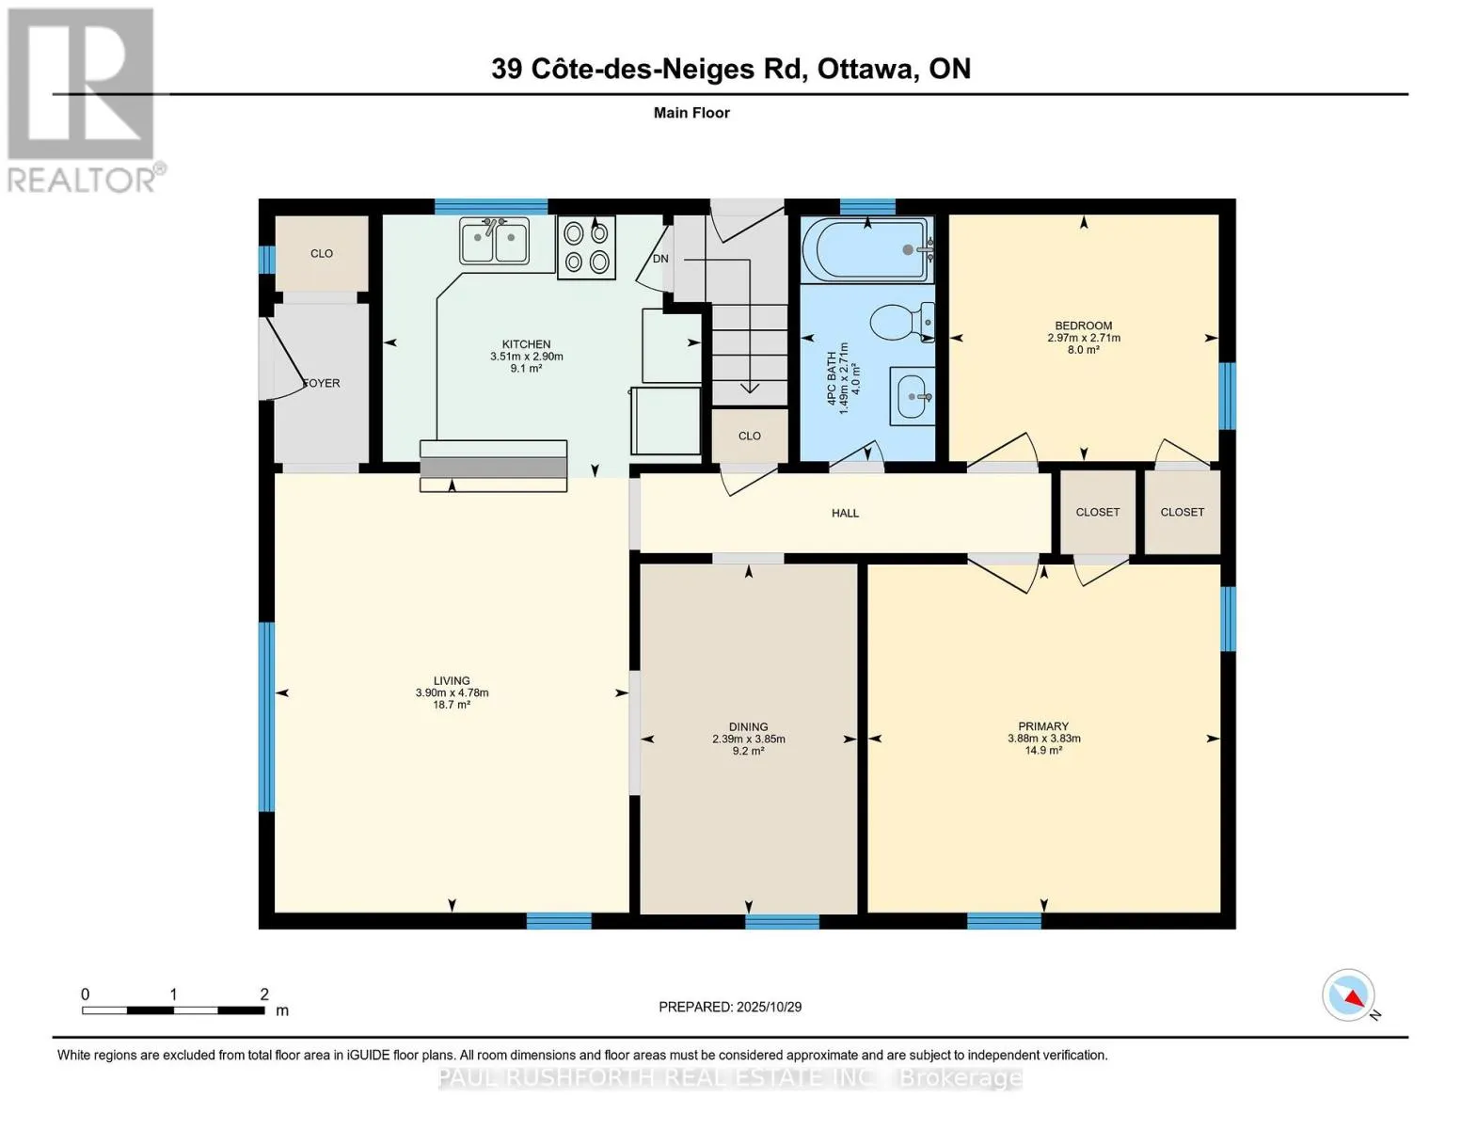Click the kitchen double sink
tap(494, 241)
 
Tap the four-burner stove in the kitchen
tap(586, 247)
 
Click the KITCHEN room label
tap(526, 344)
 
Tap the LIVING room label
tap(452, 680)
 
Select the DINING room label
tap(748, 726)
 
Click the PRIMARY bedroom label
tap(1043, 726)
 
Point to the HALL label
tap(845, 513)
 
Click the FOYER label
tap(322, 383)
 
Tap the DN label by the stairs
tap(660, 259)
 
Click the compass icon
tap(1349, 995)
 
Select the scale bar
tap(173, 1010)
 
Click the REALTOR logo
tap(83, 99)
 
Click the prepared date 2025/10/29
tap(730, 1007)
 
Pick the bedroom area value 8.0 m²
tap(1083, 350)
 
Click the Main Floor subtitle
tap(691, 113)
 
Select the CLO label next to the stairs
tap(749, 436)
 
